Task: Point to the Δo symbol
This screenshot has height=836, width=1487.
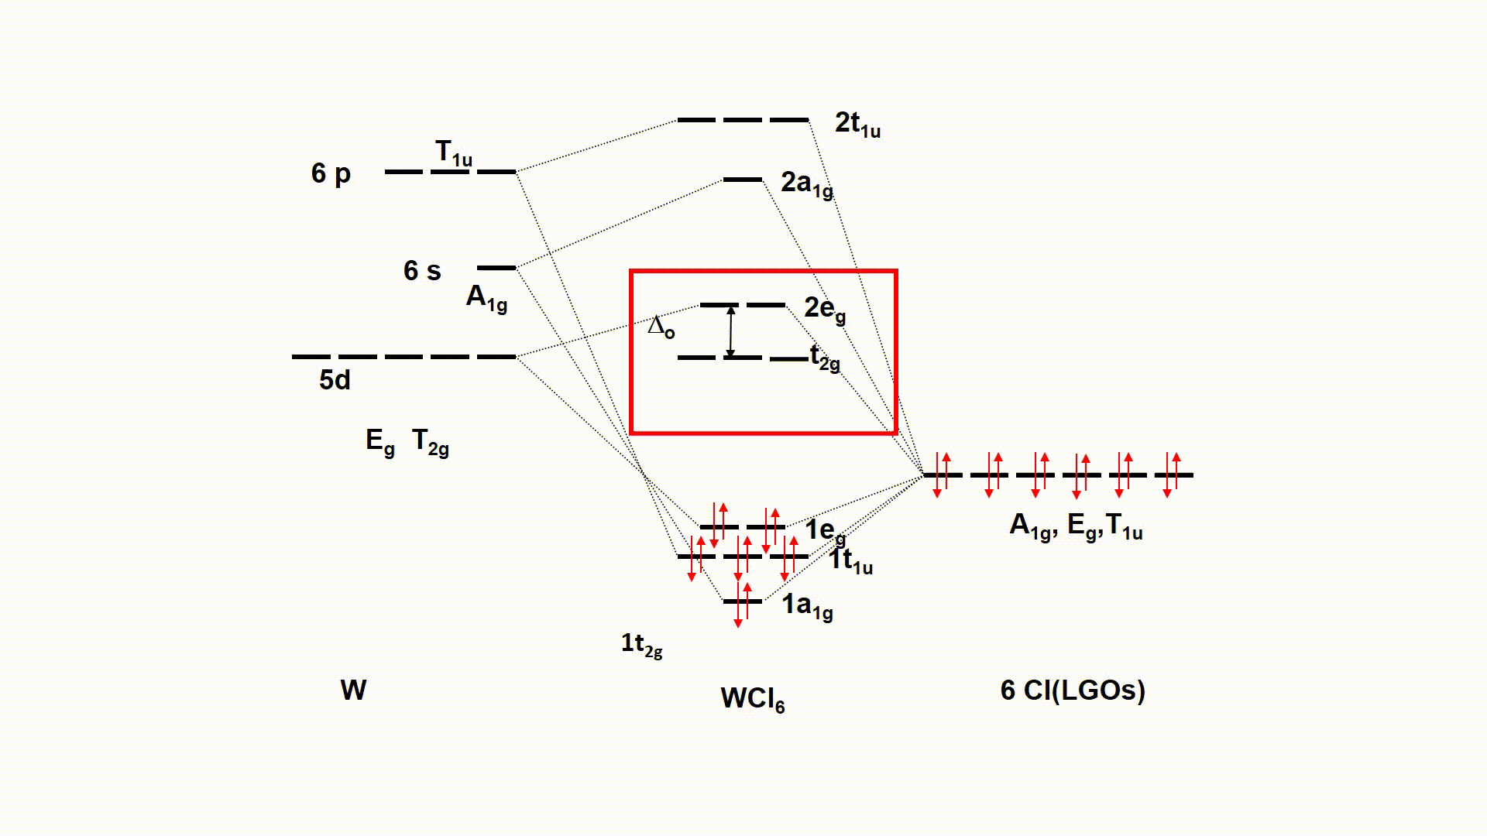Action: [x=661, y=327]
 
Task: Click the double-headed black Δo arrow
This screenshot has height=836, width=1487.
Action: [x=730, y=332]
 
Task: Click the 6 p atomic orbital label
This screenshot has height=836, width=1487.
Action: [x=331, y=173]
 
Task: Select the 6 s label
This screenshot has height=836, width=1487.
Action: [x=422, y=270]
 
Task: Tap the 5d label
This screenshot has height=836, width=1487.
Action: [x=335, y=380]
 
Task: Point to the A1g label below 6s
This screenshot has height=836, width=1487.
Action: [x=486, y=297]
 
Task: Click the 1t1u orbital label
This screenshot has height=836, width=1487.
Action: [x=851, y=560]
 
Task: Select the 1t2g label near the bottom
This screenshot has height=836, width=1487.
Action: [x=641, y=644]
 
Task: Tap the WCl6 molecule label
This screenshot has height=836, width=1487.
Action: [x=752, y=699]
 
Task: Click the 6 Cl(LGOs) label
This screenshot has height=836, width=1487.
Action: [x=1073, y=690]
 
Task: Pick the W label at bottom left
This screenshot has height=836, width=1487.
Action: [x=353, y=690]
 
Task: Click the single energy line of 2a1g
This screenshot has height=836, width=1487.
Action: [x=742, y=180]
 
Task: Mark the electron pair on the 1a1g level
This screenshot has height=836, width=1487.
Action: [x=742, y=603]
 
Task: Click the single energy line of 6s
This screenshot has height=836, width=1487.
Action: [x=496, y=268]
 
